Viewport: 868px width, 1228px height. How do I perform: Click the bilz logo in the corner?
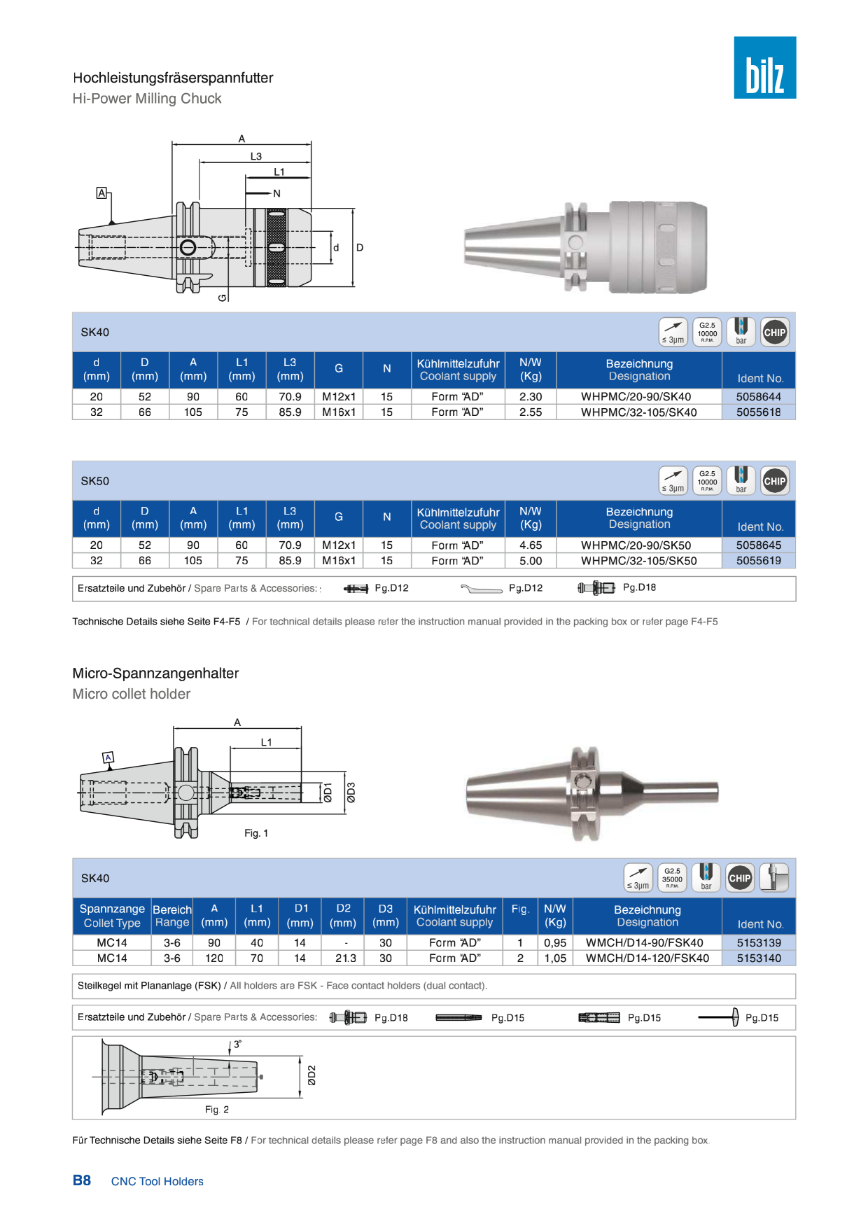pos(764,67)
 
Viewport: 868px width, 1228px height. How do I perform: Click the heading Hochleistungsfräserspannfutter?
pos(173,78)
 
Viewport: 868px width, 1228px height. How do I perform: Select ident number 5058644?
pos(758,396)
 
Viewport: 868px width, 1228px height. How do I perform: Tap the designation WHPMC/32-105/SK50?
pos(638,561)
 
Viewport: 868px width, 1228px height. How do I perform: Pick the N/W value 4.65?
pos(531,545)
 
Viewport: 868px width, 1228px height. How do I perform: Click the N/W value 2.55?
pos(531,412)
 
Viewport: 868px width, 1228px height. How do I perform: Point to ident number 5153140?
pos(759,958)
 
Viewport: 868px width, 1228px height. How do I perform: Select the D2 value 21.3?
pos(346,958)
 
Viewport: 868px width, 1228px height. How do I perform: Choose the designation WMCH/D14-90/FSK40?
pos(644,942)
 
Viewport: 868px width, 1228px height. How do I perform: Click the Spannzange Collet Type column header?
pos(112,916)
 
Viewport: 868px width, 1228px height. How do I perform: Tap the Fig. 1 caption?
pos(256,833)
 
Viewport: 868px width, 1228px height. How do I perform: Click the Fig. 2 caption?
pos(217,1110)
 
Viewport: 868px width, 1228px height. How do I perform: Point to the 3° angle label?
pos(237,1044)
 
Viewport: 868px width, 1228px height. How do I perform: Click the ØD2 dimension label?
pos(311,1075)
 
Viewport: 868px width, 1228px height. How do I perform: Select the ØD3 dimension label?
pos(351,793)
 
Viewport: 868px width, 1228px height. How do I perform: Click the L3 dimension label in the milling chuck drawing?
pos(256,157)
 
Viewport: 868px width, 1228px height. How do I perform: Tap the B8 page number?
pos(82,1180)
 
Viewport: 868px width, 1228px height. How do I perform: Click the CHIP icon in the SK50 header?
pos(774,481)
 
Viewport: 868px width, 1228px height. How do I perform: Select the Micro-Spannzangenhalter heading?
pos(155,674)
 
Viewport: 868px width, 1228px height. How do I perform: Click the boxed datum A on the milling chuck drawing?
pos(101,193)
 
